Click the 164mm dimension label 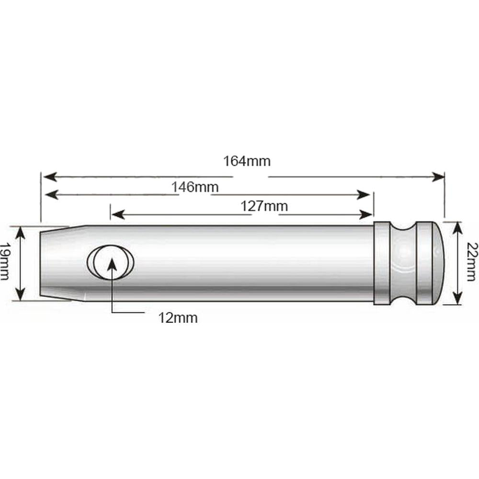pos(247,161)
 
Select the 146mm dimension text pos(195,187)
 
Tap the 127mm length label pos(264,206)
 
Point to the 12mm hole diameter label pos(178,318)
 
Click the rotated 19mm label pos(5,262)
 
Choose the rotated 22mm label pos(472,262)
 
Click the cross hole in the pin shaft pos(110,262)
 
